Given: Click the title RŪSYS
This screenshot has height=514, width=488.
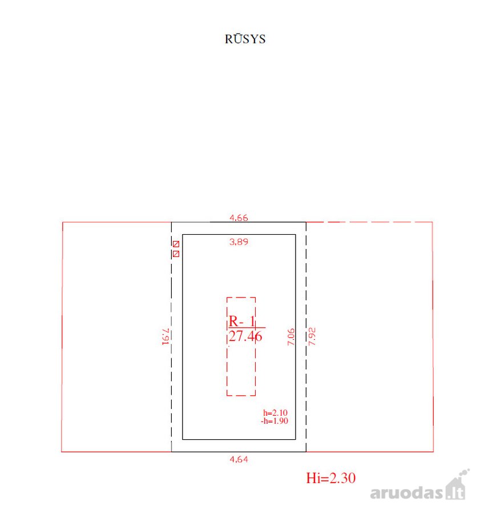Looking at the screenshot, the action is (245, 39).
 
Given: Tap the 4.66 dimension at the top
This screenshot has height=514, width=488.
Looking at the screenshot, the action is (239, 218).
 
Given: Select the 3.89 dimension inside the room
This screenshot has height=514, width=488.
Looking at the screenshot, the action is (239, 242).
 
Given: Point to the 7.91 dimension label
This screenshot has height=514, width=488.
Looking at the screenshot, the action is (166, 336).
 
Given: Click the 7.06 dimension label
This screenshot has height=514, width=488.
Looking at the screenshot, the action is (291, 336).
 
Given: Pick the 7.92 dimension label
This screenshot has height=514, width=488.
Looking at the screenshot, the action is (312, 336).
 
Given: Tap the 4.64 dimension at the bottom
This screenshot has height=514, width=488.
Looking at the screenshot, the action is (239, 459).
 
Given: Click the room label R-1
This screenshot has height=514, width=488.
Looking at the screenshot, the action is (242, 321).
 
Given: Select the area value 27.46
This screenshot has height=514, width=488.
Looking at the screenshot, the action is (245, 336).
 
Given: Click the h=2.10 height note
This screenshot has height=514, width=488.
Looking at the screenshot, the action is (276, 413).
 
